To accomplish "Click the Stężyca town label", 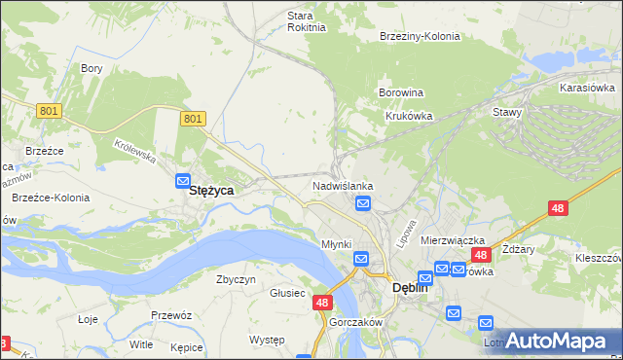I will (x=210, y=192).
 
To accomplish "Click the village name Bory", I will (x=92, y=68).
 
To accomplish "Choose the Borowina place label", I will (x=401, y=93).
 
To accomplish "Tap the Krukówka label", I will (x=408, y=115).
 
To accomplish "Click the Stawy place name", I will (x=507, y=112).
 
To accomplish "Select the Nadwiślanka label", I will (x=343, y=185).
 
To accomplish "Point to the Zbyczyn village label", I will (x=236, y=279).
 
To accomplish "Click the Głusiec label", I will (x=288, y=293).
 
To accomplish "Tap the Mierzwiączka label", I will (x=453, y=239).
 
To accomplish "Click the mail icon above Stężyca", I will (x=183, y=180).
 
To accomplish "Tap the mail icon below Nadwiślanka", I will (x=363, y=202).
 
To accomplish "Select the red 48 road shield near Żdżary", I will (x=558, y=208).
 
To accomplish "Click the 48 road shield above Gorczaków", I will (x=323, y=304).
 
